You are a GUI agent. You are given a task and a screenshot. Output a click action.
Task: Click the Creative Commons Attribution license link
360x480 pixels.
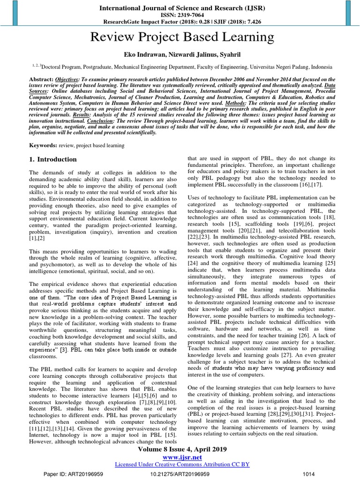pos(182,464)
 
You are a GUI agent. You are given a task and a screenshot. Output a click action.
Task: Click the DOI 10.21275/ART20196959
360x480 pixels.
pos(180,474)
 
